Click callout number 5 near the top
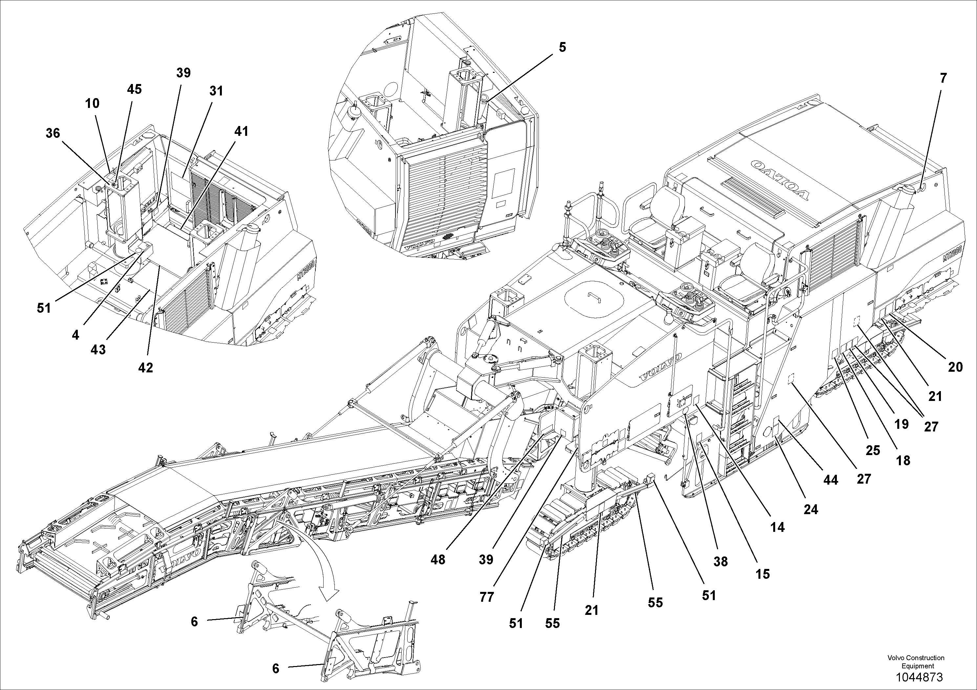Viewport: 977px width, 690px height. click(x=562, y=47)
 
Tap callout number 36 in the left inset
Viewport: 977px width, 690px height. click(x=53, y=133)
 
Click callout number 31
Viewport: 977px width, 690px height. click(x=216, y=91)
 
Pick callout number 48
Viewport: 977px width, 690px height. click(x=437, y=559)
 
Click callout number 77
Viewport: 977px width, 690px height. click(x=486, y=597)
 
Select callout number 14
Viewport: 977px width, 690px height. click(x=777, y=527)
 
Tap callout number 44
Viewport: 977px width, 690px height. click(x=830, y=480)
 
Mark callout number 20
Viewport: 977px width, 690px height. click(x=955, y=367)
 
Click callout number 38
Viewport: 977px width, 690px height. click(x=720, y=561)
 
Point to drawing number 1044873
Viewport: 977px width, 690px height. click(x=919, y=677)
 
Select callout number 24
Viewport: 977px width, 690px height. click(x=811, y=509)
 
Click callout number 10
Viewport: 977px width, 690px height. click(x=92, y=103)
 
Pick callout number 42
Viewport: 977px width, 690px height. click(x=145, y=367)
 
